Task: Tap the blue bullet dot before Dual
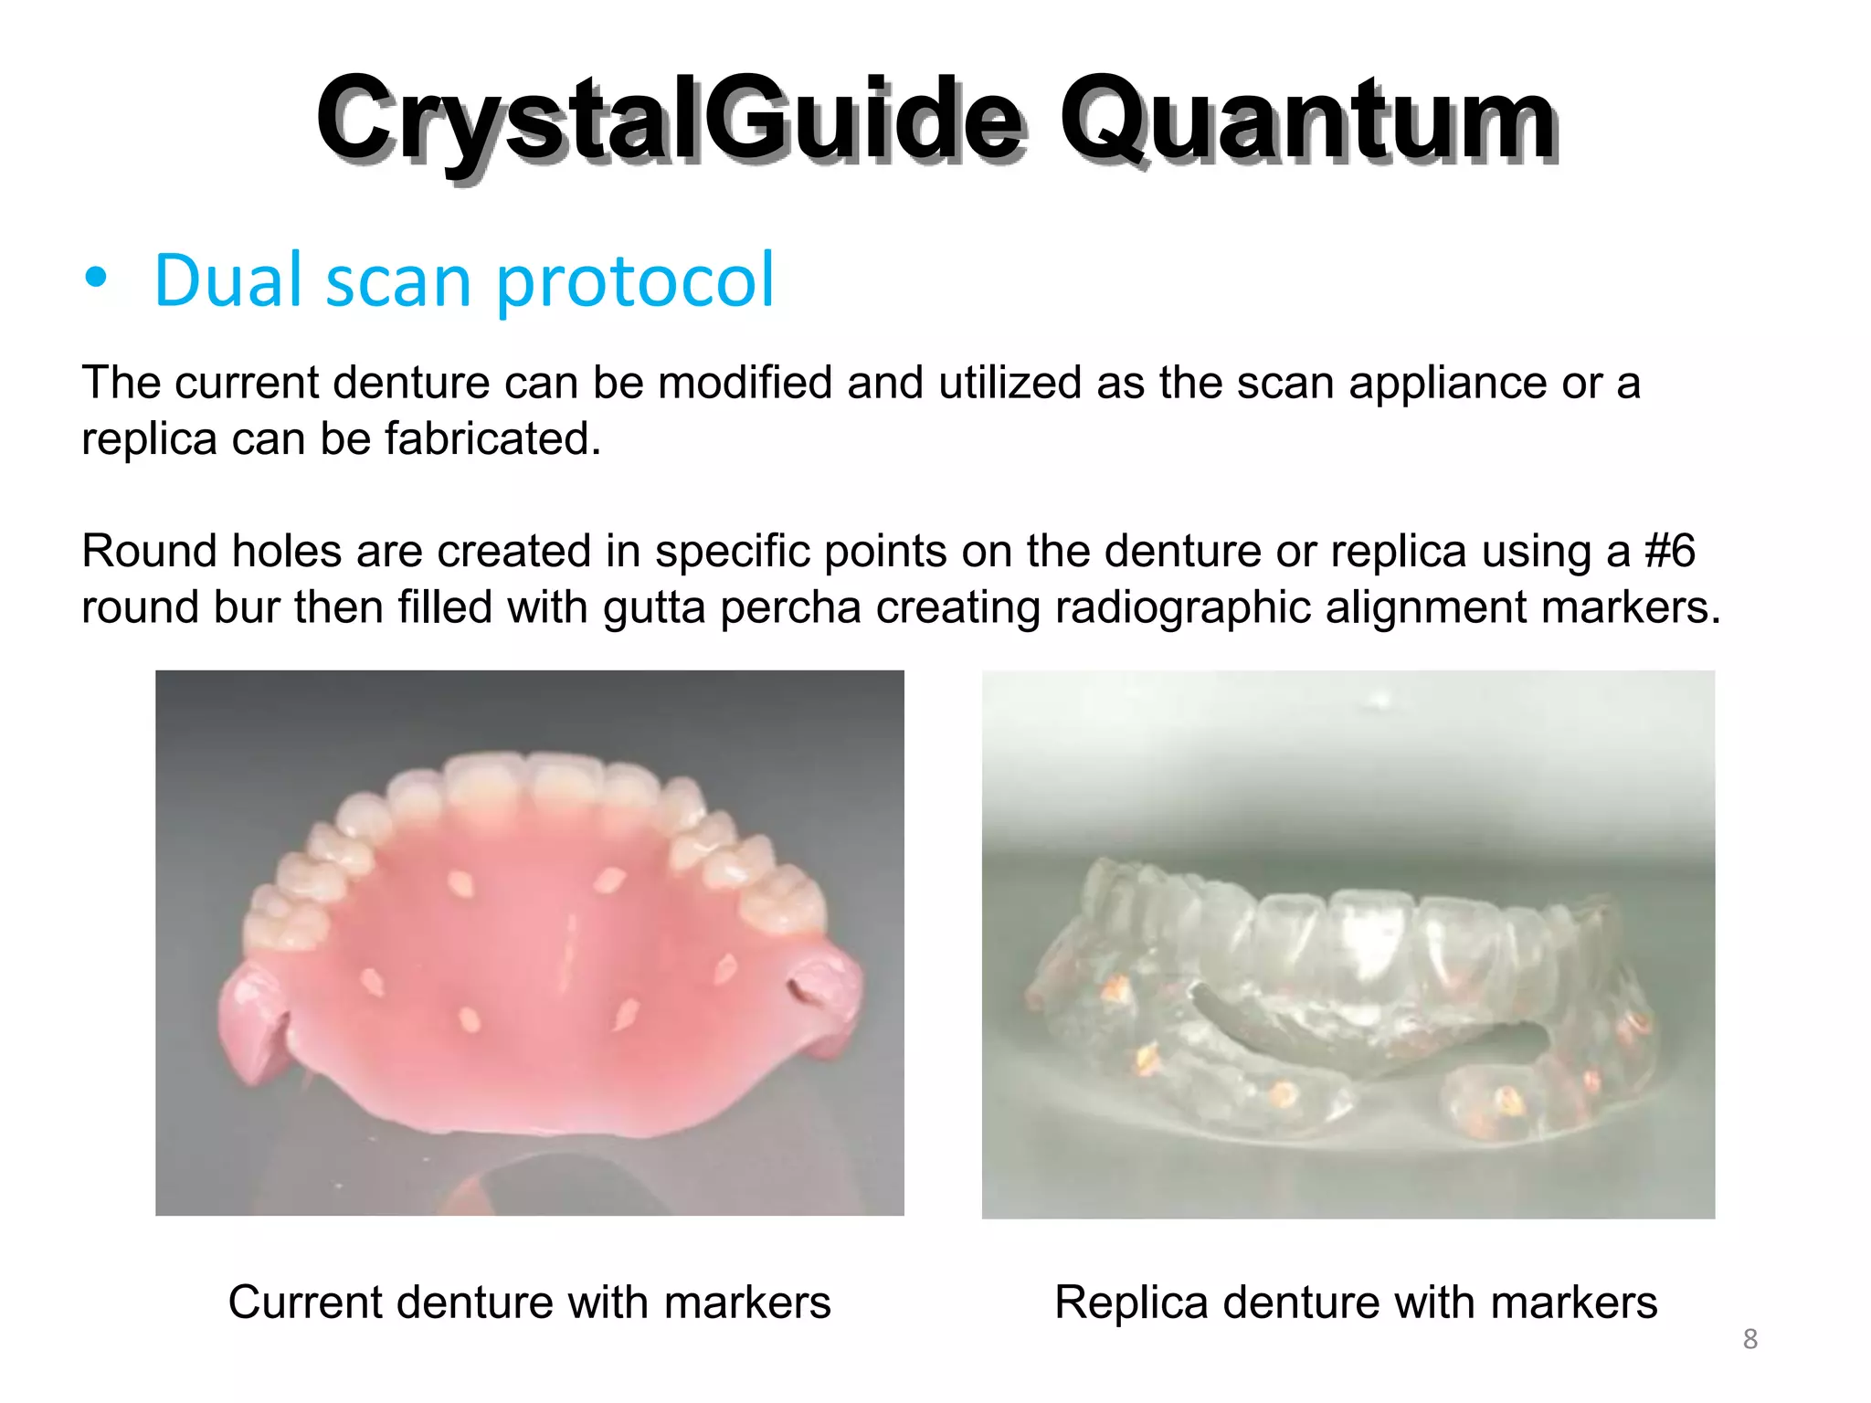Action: [x=96, y=280]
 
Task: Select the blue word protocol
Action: [x=634, y=281]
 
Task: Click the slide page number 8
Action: [x=1749, y=1339]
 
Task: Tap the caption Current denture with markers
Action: [x=529, y=1302]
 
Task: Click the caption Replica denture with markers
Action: [x=1355, y=1302]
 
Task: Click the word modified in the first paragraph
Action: [x=745, y=383]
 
